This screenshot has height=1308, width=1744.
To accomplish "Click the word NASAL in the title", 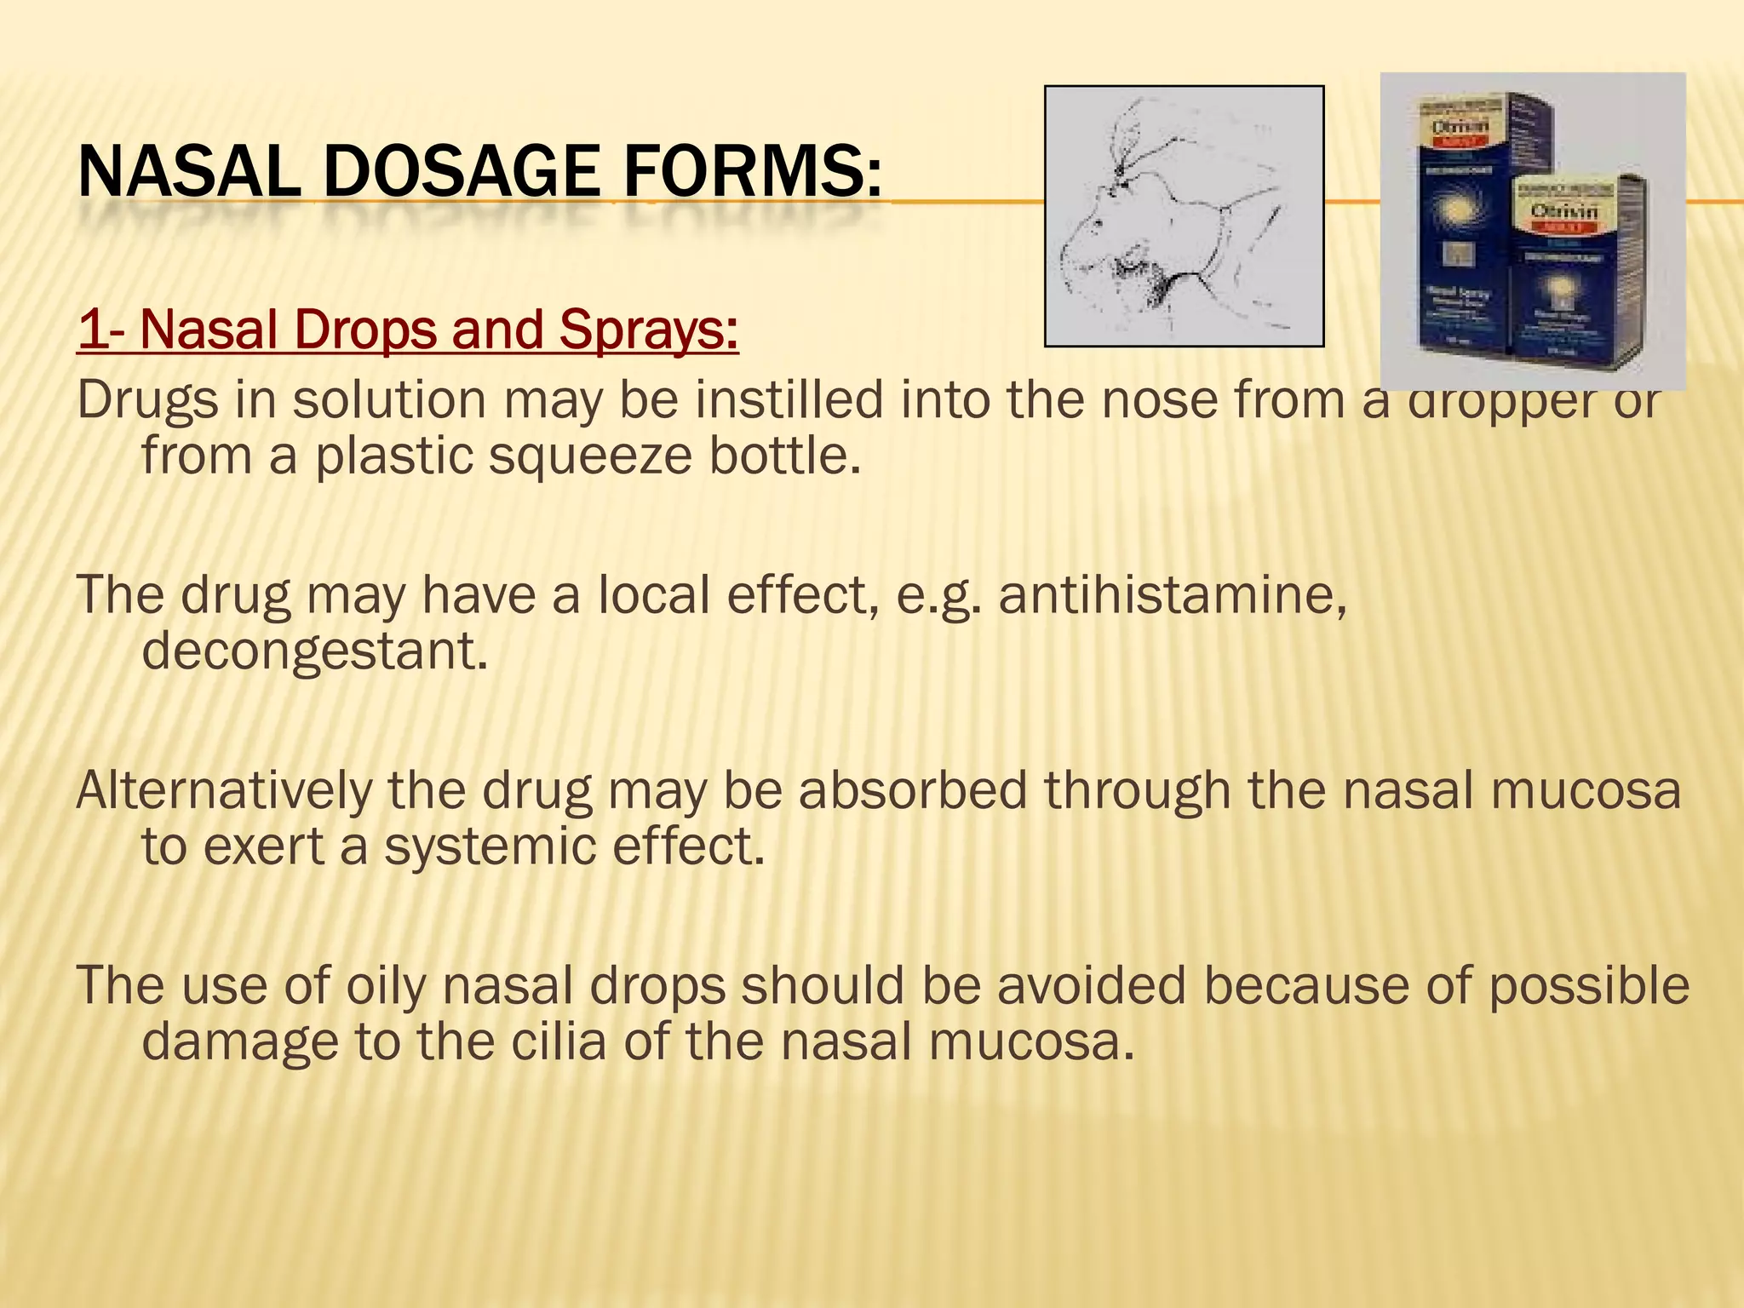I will [188, 172].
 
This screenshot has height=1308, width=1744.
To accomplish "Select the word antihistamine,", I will [1173, 595].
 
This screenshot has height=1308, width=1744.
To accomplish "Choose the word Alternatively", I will [224, 790].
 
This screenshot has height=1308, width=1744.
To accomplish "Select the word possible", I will [1589, 986].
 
